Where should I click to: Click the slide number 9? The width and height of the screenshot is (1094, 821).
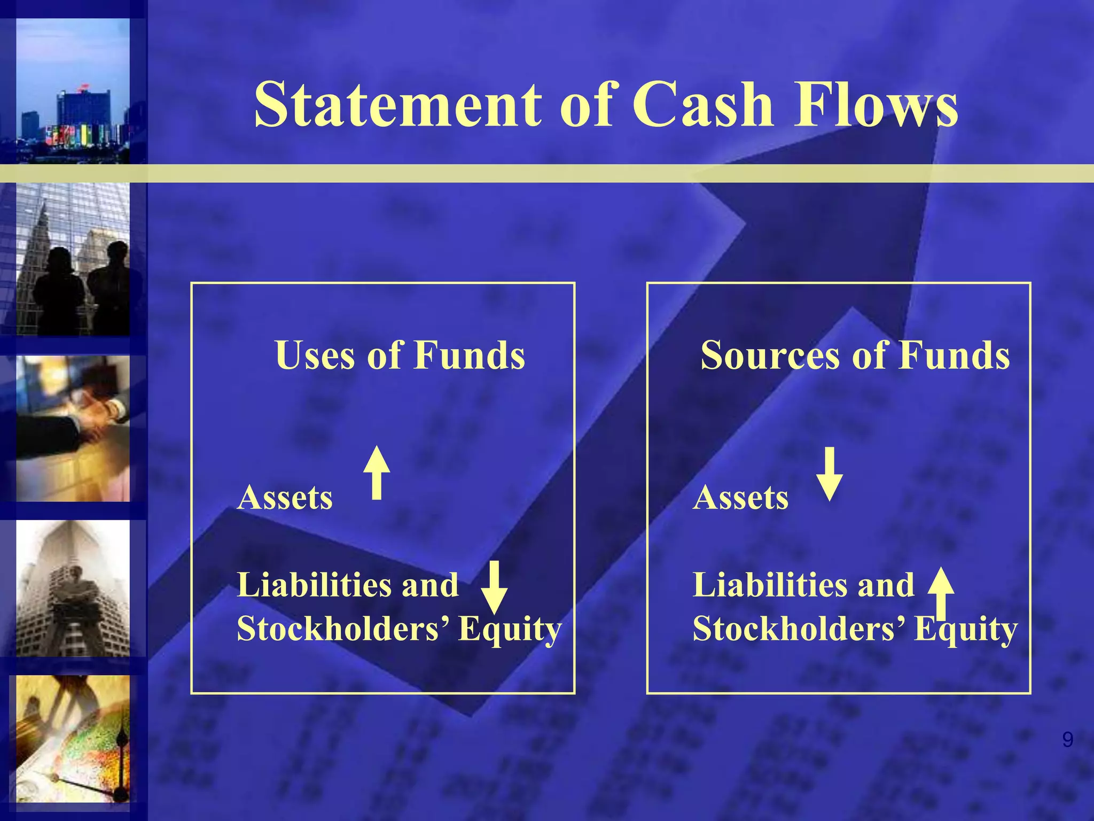1067,740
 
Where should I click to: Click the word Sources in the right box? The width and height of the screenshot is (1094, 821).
770,355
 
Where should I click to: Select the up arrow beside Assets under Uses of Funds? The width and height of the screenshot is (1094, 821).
377,473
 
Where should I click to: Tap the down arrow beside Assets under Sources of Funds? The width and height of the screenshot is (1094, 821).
830,474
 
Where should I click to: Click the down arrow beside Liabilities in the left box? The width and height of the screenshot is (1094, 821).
494,587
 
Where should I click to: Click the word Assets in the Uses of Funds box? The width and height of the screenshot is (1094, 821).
285,498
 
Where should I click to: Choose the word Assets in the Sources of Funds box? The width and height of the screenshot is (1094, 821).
740,498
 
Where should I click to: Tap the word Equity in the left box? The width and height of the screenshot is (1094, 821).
510,630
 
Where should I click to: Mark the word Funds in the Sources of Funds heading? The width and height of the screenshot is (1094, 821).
954,355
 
